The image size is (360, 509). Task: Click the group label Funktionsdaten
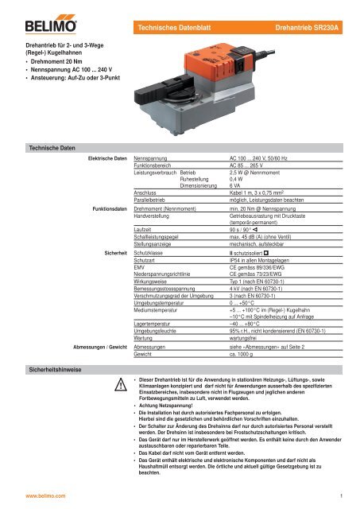coord(106,211)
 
